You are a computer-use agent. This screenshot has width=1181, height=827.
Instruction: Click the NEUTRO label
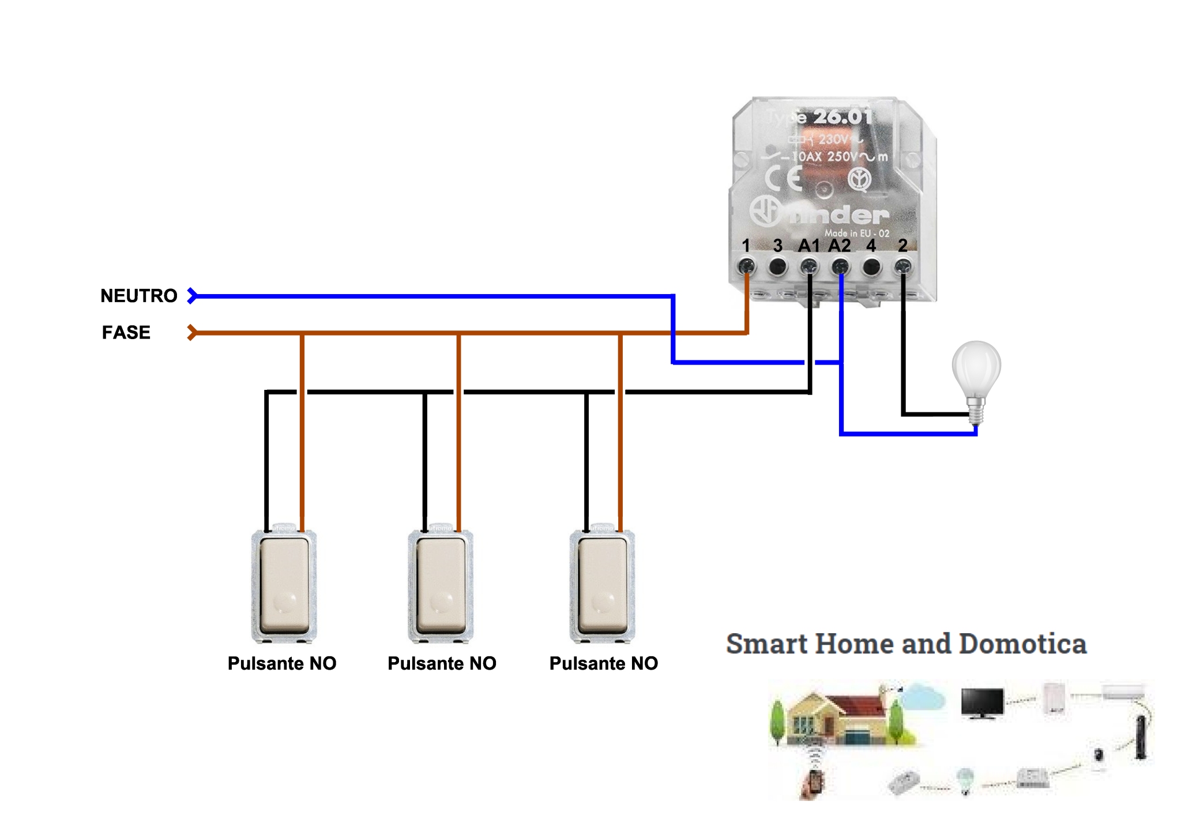(138, 296)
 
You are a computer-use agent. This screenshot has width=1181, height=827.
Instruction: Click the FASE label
(126, 333)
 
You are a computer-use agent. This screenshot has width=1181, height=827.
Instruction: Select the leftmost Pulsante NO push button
(284, 585)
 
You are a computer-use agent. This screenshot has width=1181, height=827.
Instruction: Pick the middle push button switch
(441, 585)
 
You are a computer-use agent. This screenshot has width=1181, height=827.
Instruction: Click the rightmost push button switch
(602, 585)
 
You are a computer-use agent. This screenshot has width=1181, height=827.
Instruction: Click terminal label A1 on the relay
(808, 246)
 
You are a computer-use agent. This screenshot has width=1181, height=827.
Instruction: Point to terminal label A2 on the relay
(840, 246)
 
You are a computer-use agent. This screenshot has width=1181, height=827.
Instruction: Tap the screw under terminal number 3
(778, 266)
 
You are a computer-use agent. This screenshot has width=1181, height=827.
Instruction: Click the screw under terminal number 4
(871, 266)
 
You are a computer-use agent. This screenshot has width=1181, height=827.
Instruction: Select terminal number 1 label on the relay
(746, 246)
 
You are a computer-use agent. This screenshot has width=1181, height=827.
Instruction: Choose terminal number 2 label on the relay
(903, 246)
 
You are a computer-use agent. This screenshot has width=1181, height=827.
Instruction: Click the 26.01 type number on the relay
(843, 117)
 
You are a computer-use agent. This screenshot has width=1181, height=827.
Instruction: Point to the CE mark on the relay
(784, 178)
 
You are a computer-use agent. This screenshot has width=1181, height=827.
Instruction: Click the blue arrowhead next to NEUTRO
(192, 296)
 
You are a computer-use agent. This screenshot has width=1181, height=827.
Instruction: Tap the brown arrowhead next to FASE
(192, 333)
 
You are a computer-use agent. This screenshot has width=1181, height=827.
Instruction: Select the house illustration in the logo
(836, 718)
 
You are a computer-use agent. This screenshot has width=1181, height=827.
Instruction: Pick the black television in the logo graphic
(982, 702)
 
